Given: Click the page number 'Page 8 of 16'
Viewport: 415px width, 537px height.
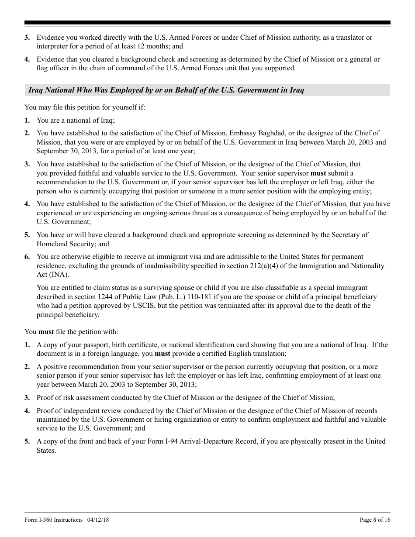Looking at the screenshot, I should click(x=375, y=520).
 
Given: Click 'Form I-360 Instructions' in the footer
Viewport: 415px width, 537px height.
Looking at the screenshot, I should click(x=53, y=520).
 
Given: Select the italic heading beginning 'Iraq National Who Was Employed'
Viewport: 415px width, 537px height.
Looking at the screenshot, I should click(x=166, y=90).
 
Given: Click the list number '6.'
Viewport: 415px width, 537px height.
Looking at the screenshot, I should click(x=27, y=257).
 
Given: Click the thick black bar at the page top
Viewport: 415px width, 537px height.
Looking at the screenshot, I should click(x=207, y=23).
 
